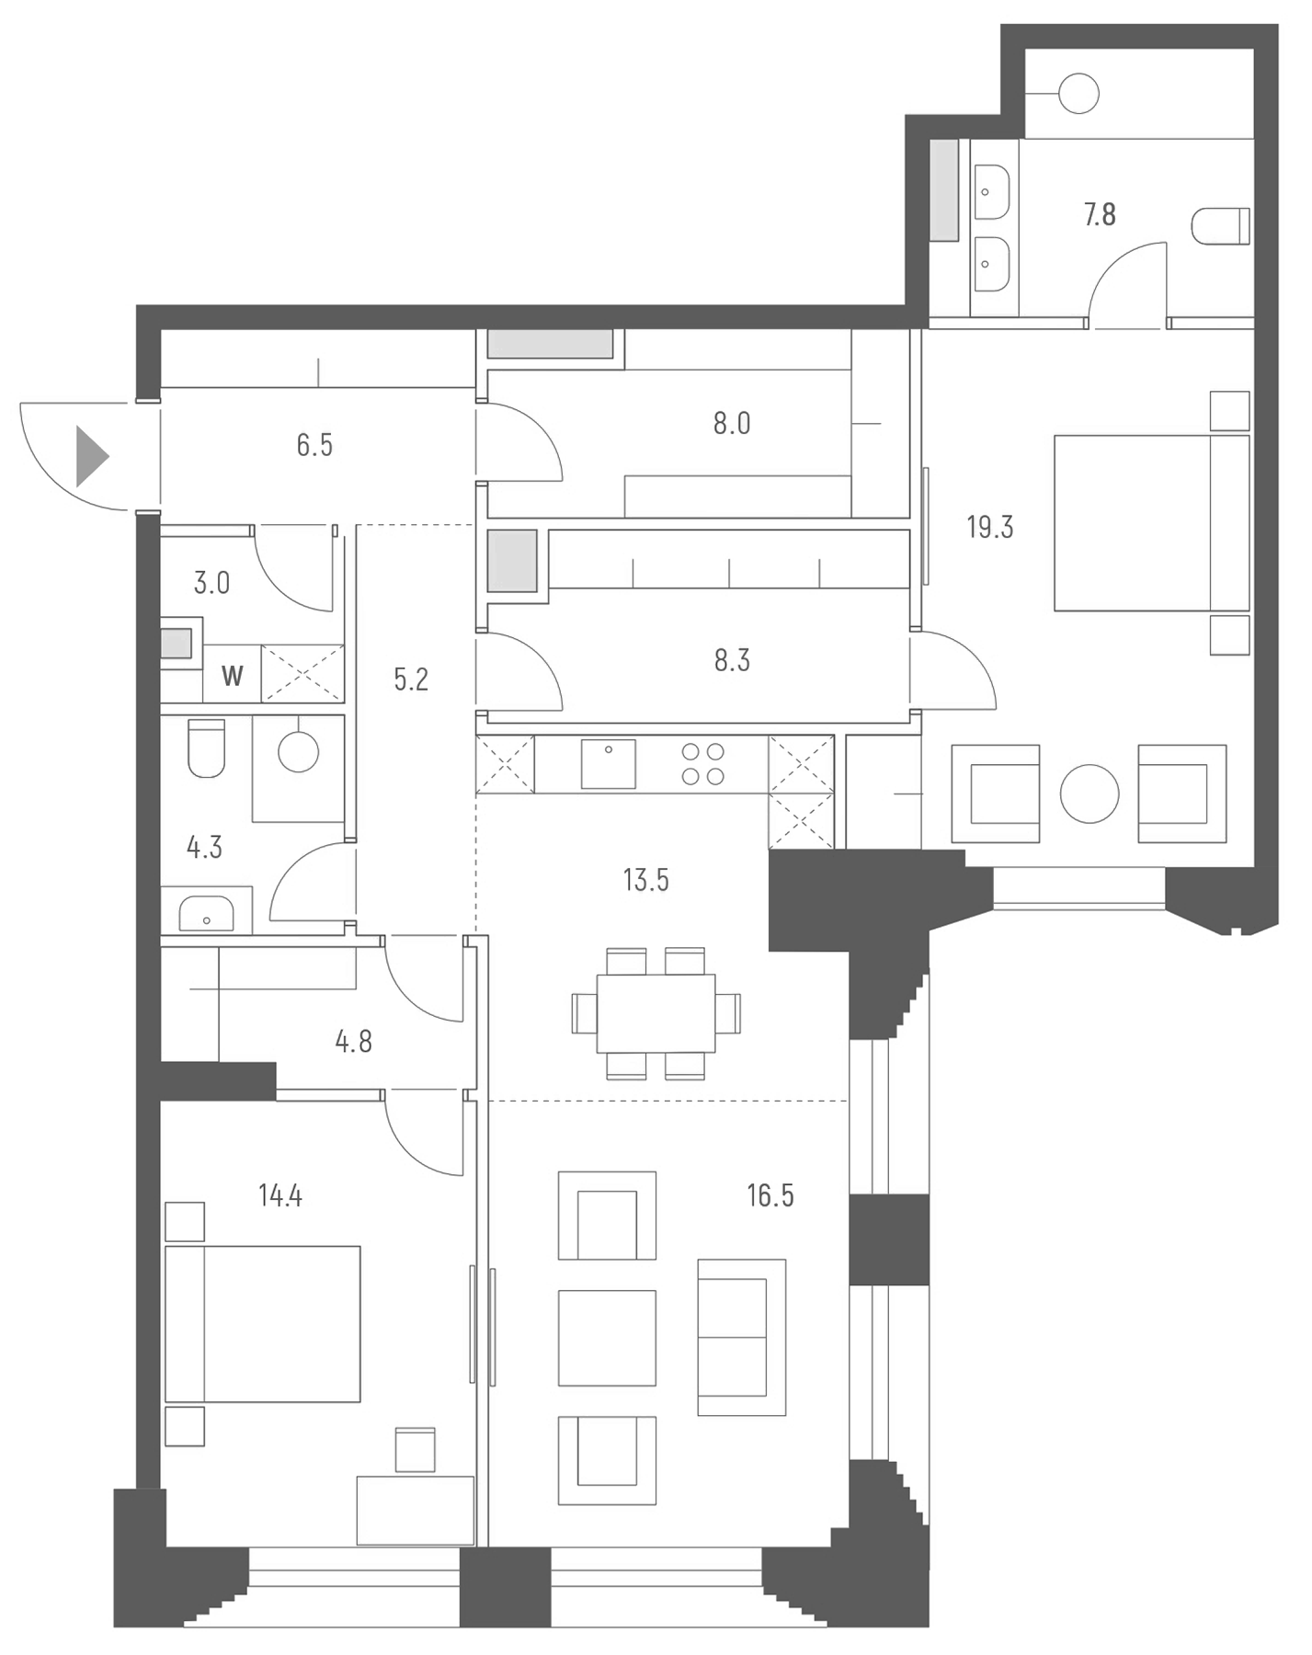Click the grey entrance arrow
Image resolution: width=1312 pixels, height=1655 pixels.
91,456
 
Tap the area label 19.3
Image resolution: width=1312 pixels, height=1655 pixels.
989,528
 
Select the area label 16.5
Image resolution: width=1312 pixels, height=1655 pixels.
770,1195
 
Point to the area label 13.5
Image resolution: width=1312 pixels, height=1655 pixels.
645,881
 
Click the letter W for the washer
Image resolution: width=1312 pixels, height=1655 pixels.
232,677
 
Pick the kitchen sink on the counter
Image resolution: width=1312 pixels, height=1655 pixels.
608,763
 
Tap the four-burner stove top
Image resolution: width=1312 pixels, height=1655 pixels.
702,764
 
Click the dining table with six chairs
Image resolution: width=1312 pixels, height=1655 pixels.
656,1013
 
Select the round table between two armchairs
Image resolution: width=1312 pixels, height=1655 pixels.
1089,793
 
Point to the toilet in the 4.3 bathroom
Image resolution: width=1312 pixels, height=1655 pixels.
206,748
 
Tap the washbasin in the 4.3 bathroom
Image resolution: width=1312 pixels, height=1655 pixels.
206,914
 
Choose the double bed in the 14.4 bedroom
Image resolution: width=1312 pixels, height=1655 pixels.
263,1324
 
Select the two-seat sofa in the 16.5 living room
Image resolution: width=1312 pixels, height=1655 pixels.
741,1337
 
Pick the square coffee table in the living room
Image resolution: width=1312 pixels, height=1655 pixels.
607,1338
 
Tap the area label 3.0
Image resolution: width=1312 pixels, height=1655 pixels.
211,583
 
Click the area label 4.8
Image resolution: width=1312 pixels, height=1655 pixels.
353,1042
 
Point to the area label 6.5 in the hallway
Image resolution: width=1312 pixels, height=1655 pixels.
314,446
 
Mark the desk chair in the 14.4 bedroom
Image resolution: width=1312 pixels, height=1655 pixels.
415,1449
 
